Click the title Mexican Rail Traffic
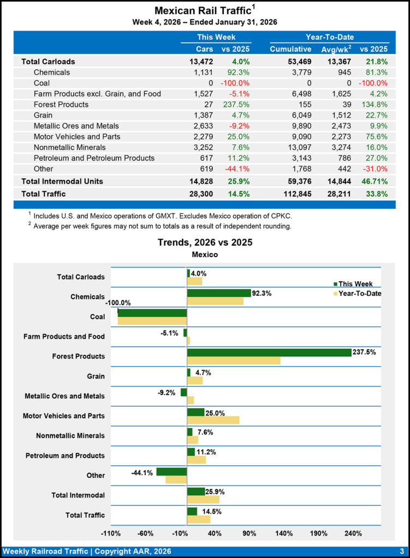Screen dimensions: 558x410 [201, 11]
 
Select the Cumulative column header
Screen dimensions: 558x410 [290, 49]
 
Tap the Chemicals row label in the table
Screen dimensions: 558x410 [51, 72]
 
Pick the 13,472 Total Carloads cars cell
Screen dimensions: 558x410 [198, 62]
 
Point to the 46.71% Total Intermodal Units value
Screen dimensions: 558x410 [373, 181]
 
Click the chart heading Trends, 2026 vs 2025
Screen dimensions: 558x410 [205, 242]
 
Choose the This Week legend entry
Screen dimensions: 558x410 [355, 284]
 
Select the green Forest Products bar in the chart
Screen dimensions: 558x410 [269, 353]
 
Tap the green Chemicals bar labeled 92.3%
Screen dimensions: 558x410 [218, 293]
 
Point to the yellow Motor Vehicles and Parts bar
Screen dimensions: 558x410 [213, 420]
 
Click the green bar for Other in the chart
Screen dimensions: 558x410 [171, 471]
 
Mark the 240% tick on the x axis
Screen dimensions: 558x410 [353, 533]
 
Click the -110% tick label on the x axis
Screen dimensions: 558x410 [111, 533]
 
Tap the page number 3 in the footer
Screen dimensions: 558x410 [401, 551]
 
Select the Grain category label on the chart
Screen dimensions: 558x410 [96, 376]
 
